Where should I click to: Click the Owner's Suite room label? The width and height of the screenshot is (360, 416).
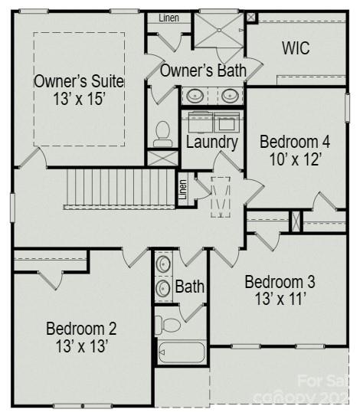[x=79, y=80]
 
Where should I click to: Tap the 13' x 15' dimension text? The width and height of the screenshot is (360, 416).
[x=79, y=99]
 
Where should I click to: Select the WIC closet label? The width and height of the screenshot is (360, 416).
[x=296, y=48]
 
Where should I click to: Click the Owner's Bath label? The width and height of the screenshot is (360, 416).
[x=203, y=70]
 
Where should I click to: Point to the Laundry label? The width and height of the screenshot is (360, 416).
[x=212, y=142]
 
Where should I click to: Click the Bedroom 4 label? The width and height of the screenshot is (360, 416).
[x=295, y=142]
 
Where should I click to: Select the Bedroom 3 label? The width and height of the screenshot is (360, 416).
[x=280, y=281]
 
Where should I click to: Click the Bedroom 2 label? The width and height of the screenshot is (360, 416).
[x=81, y=329]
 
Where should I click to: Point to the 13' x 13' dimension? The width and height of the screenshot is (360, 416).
[x=81, y=346]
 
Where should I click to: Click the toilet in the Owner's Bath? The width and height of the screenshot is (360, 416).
[x=162, y=134]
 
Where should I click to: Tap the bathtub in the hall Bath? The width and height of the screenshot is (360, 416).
[x=182, y=352]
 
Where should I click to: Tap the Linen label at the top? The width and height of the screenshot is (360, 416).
[x=169, y=18]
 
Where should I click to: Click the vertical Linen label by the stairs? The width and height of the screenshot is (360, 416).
[x=182, y=188]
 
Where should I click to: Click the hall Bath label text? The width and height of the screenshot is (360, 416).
[x=190, y=287]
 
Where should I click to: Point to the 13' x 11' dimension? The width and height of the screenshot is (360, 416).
[x=280, y=300]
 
